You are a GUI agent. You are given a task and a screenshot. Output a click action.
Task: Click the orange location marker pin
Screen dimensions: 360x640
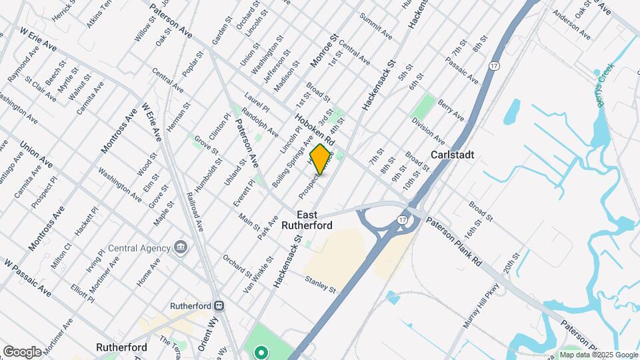pos(321,159)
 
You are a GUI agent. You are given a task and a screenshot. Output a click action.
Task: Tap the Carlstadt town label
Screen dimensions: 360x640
pos(453,154)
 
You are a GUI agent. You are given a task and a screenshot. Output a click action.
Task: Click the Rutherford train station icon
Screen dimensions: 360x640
pos(218,305)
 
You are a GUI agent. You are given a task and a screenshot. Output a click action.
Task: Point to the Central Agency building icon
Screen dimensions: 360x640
pos(180,248)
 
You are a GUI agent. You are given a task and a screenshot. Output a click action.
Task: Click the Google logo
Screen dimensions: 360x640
pos(22,351)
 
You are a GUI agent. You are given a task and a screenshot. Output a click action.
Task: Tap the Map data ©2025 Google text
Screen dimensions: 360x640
pos(598,355)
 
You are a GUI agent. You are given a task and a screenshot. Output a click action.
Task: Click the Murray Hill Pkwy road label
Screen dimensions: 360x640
pos(475,307)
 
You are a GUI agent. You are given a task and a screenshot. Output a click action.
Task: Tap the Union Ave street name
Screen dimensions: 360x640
pos(37,154)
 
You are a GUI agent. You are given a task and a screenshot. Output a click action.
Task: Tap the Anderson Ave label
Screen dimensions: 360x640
pos(572,25)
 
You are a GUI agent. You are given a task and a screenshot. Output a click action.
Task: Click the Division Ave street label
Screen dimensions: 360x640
pos(428,131)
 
